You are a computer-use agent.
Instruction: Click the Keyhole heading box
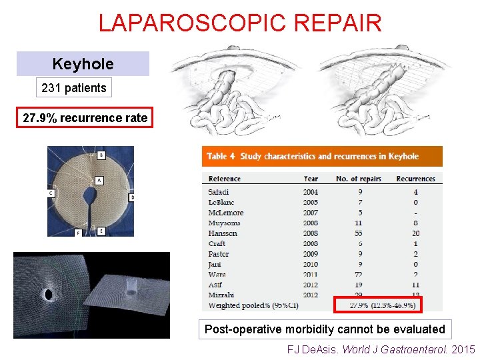83,64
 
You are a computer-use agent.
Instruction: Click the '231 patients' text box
73,88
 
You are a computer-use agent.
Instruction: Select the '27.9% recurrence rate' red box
85,118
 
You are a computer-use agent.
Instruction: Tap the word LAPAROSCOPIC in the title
177,23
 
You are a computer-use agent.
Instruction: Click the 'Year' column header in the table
311,179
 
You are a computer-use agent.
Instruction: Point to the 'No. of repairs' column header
360,179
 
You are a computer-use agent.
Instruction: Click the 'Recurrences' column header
416,179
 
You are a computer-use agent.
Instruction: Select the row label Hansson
223,233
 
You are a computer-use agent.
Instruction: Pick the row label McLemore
225,213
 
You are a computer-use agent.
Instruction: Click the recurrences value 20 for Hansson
415,233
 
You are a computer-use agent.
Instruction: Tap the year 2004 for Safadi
311,192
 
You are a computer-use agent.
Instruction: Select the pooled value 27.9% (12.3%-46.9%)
383,305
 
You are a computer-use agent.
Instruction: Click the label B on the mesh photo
101,155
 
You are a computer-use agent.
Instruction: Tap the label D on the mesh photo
131,197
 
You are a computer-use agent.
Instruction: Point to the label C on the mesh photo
51,193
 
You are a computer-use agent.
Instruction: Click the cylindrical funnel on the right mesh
131,287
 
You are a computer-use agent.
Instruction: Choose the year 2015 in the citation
464,349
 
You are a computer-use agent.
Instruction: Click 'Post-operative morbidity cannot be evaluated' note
325,329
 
